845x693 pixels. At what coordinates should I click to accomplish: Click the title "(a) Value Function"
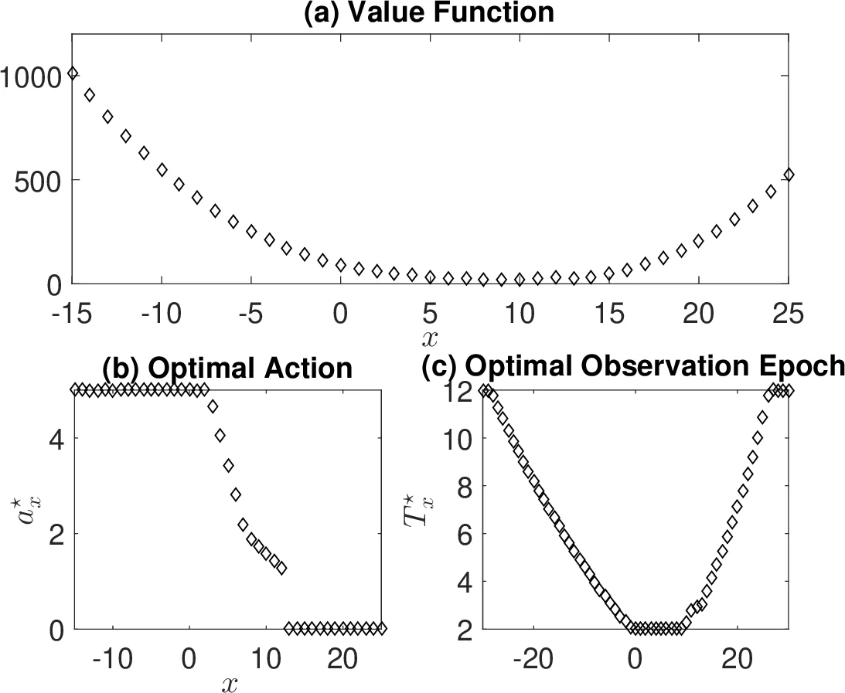tap(430, 12)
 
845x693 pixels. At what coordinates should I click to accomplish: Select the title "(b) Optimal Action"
tap(227, 369)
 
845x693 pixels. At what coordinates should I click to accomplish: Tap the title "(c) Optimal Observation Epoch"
tap(633, 369)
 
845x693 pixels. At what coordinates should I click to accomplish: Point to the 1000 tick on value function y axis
tap(31, 76)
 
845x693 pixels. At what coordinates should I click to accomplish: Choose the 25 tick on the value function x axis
tap(788, 314)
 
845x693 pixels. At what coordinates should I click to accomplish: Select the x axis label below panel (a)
tap(430, 337)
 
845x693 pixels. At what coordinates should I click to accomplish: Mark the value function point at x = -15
tap(73, 73)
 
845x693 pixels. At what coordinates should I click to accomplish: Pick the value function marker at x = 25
tap(789, 175)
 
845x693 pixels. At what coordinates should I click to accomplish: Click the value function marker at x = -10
tap(162, 169)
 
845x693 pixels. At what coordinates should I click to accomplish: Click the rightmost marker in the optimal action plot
tap(380, 628)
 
